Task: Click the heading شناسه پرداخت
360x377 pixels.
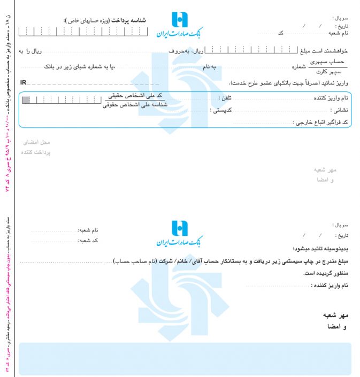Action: tap(130, 20)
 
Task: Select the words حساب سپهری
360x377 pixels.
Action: tap(329, 63)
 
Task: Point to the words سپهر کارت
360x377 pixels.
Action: tap(328, 71)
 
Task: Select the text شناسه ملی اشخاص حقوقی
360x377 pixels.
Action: tap(135, 105)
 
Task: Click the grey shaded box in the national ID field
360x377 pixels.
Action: tap(26, 99)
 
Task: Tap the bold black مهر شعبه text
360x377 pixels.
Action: tap(335, 315)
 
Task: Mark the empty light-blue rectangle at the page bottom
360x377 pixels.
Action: tap(185, 358)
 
